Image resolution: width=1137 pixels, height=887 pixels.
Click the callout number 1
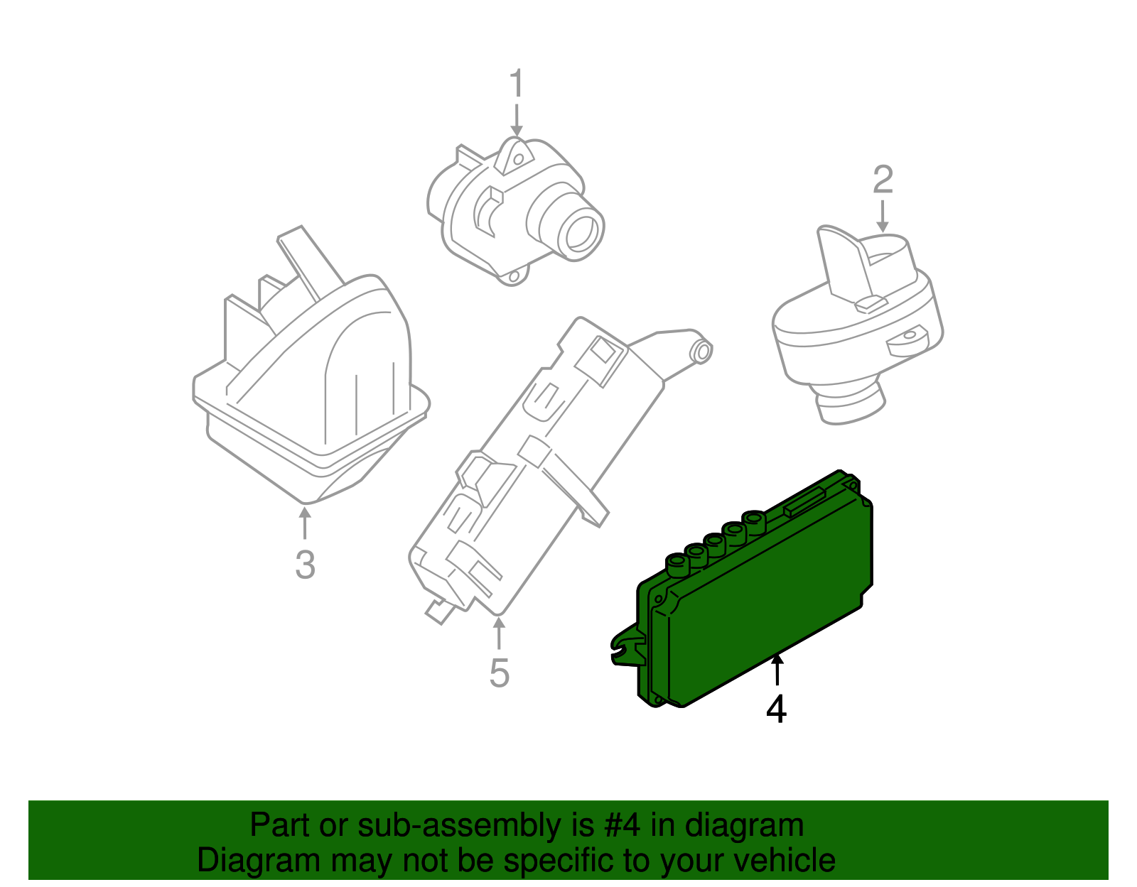coord(517,85)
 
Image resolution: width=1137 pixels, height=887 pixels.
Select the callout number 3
coord(305,565)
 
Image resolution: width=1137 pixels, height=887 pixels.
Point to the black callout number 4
coord(777,709)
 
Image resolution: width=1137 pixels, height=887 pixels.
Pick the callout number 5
coord(500,673)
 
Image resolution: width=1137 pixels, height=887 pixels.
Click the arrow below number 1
coord(517,121)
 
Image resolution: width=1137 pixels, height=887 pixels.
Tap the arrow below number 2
coord(882,216)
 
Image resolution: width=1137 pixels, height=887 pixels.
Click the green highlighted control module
coord(767,604)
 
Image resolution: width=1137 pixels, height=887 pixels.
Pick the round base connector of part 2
coord(849,405)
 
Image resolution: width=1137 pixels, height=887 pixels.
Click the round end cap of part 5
coord(702,351)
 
